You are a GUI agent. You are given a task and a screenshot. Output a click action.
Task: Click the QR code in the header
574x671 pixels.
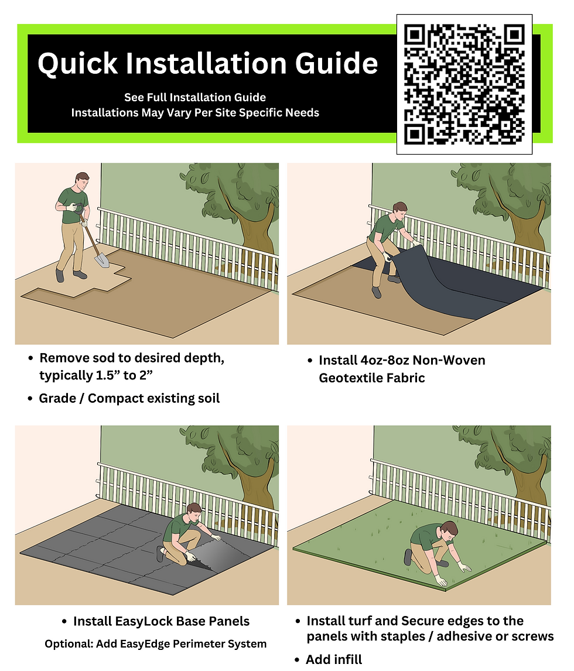(464, 84)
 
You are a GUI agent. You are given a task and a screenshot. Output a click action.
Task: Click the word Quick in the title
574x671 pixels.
(77, 64)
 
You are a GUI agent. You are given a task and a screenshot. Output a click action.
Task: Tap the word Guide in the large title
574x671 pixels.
(336, 63)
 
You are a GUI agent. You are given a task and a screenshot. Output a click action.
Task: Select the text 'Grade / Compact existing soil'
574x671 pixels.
(129, 398)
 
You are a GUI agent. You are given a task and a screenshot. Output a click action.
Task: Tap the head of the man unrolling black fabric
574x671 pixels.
(399, 211)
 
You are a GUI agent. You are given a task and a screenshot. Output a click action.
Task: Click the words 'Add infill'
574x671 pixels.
(334, 659)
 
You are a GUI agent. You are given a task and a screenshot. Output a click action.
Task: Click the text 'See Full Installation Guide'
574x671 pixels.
(195, 98)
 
